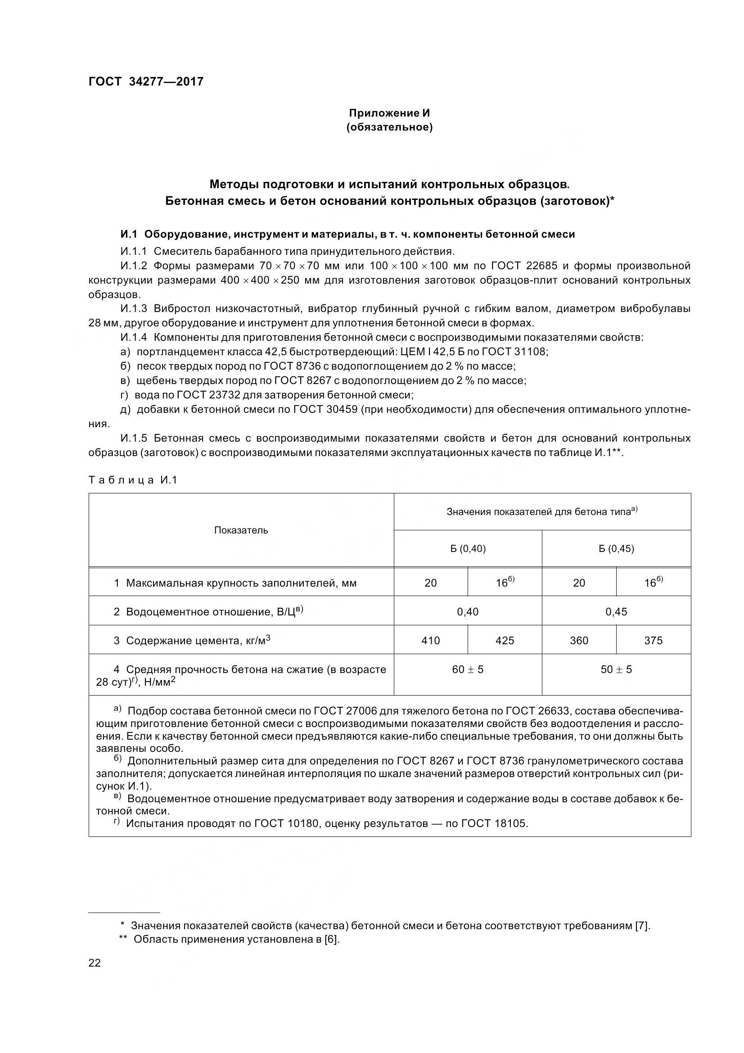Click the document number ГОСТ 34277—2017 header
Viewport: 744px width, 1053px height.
coord(146,81)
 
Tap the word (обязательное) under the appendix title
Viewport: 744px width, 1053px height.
coord(389,127)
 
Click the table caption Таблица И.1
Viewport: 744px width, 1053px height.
coord(132,480)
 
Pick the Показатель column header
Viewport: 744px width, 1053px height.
coord(241,530)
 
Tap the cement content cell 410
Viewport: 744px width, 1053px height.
coord(430,640)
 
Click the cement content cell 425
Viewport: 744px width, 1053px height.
coord(505,640)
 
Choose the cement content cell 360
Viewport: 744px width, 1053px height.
coord(579,640)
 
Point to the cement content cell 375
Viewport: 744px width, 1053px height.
coord(653,640)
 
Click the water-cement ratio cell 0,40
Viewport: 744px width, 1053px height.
coord(468,611)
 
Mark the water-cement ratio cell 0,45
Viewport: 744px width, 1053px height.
coord(616,611)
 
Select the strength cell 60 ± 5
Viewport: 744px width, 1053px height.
coord(468,669)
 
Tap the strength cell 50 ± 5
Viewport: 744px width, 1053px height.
coord(616,669)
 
